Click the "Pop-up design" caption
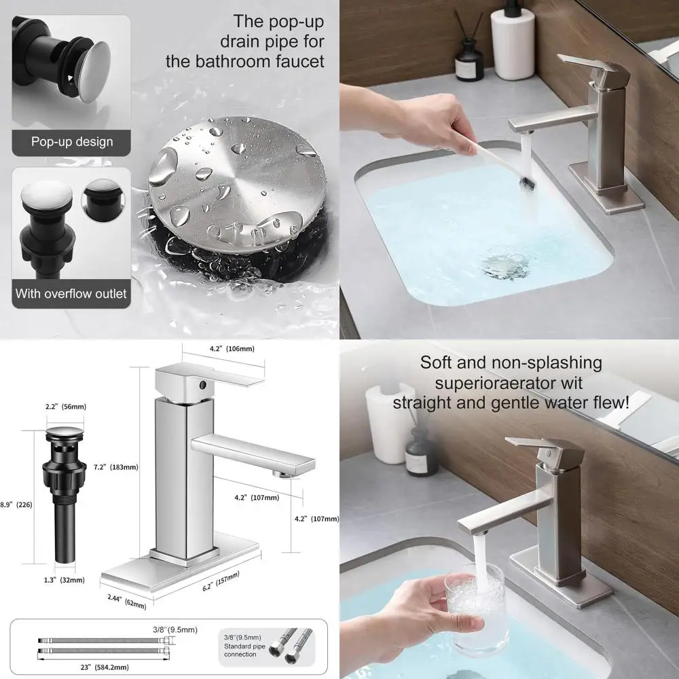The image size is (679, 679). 71,142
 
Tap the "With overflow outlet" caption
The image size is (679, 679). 71,294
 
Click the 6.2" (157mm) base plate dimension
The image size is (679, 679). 230,583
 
